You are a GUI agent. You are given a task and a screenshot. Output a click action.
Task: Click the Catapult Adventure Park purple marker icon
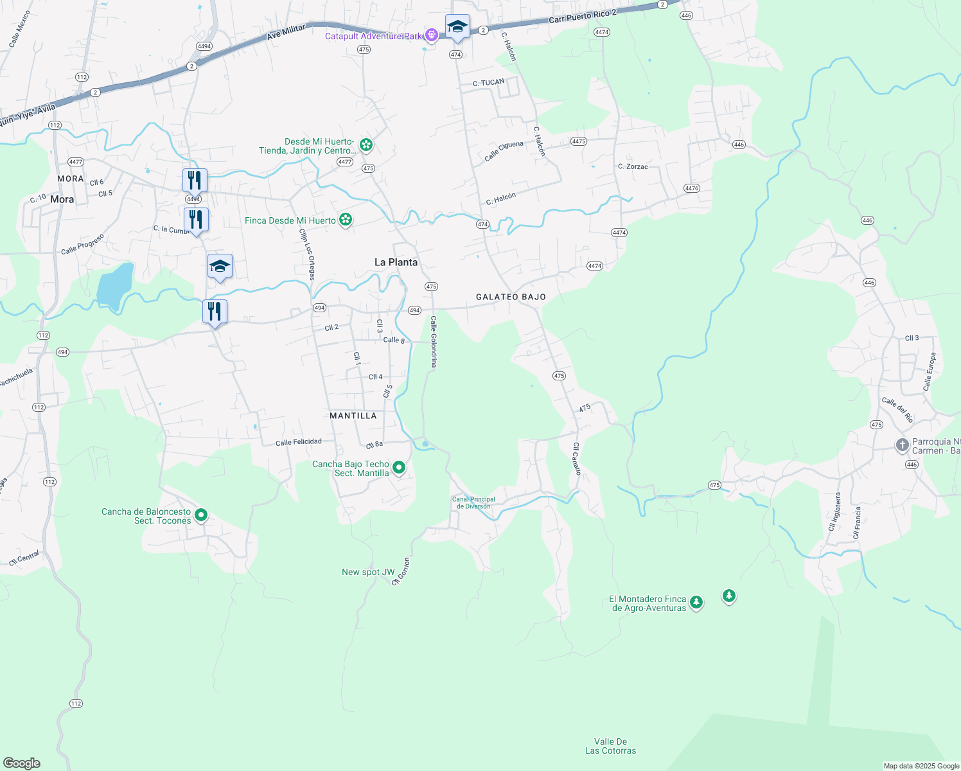coord(432,35)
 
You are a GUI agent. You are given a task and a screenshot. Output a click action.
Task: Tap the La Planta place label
coord(396,262)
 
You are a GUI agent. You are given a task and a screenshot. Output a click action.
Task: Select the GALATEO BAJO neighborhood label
coord(511,297)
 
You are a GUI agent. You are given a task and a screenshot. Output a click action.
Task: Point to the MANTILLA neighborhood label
coord(353,416)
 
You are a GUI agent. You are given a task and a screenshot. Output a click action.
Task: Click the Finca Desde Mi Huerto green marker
coord(346,220)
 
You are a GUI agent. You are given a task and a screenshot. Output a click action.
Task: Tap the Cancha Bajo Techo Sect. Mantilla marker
coord(399,468)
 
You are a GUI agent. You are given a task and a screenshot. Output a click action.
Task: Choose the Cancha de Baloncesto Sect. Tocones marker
coord(201,515)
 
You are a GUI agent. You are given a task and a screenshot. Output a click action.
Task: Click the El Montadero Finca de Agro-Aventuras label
coord(648,603)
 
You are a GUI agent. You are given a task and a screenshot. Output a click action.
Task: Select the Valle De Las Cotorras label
coord(610,746)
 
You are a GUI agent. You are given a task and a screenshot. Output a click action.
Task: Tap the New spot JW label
coord(368,572)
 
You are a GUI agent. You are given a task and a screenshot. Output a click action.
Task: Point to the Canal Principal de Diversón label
coord(473,502)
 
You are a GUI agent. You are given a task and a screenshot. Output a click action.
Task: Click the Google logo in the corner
coord(22,763)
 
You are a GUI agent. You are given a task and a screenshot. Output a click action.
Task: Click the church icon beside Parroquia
coord(902,445)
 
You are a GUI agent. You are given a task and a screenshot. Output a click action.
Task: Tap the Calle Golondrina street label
coord(434,342)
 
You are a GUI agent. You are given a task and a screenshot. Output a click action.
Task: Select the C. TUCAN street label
coord(489,82)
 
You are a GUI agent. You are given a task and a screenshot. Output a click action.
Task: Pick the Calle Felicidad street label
coord(299,442)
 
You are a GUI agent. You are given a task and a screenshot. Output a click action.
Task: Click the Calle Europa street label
coord(930,371)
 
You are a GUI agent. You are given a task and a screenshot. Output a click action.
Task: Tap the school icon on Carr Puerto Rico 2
coord(457,27)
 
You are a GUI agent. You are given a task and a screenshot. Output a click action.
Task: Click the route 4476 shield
coord(691,188)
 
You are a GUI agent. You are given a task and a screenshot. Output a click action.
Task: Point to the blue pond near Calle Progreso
coord(114,284)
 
